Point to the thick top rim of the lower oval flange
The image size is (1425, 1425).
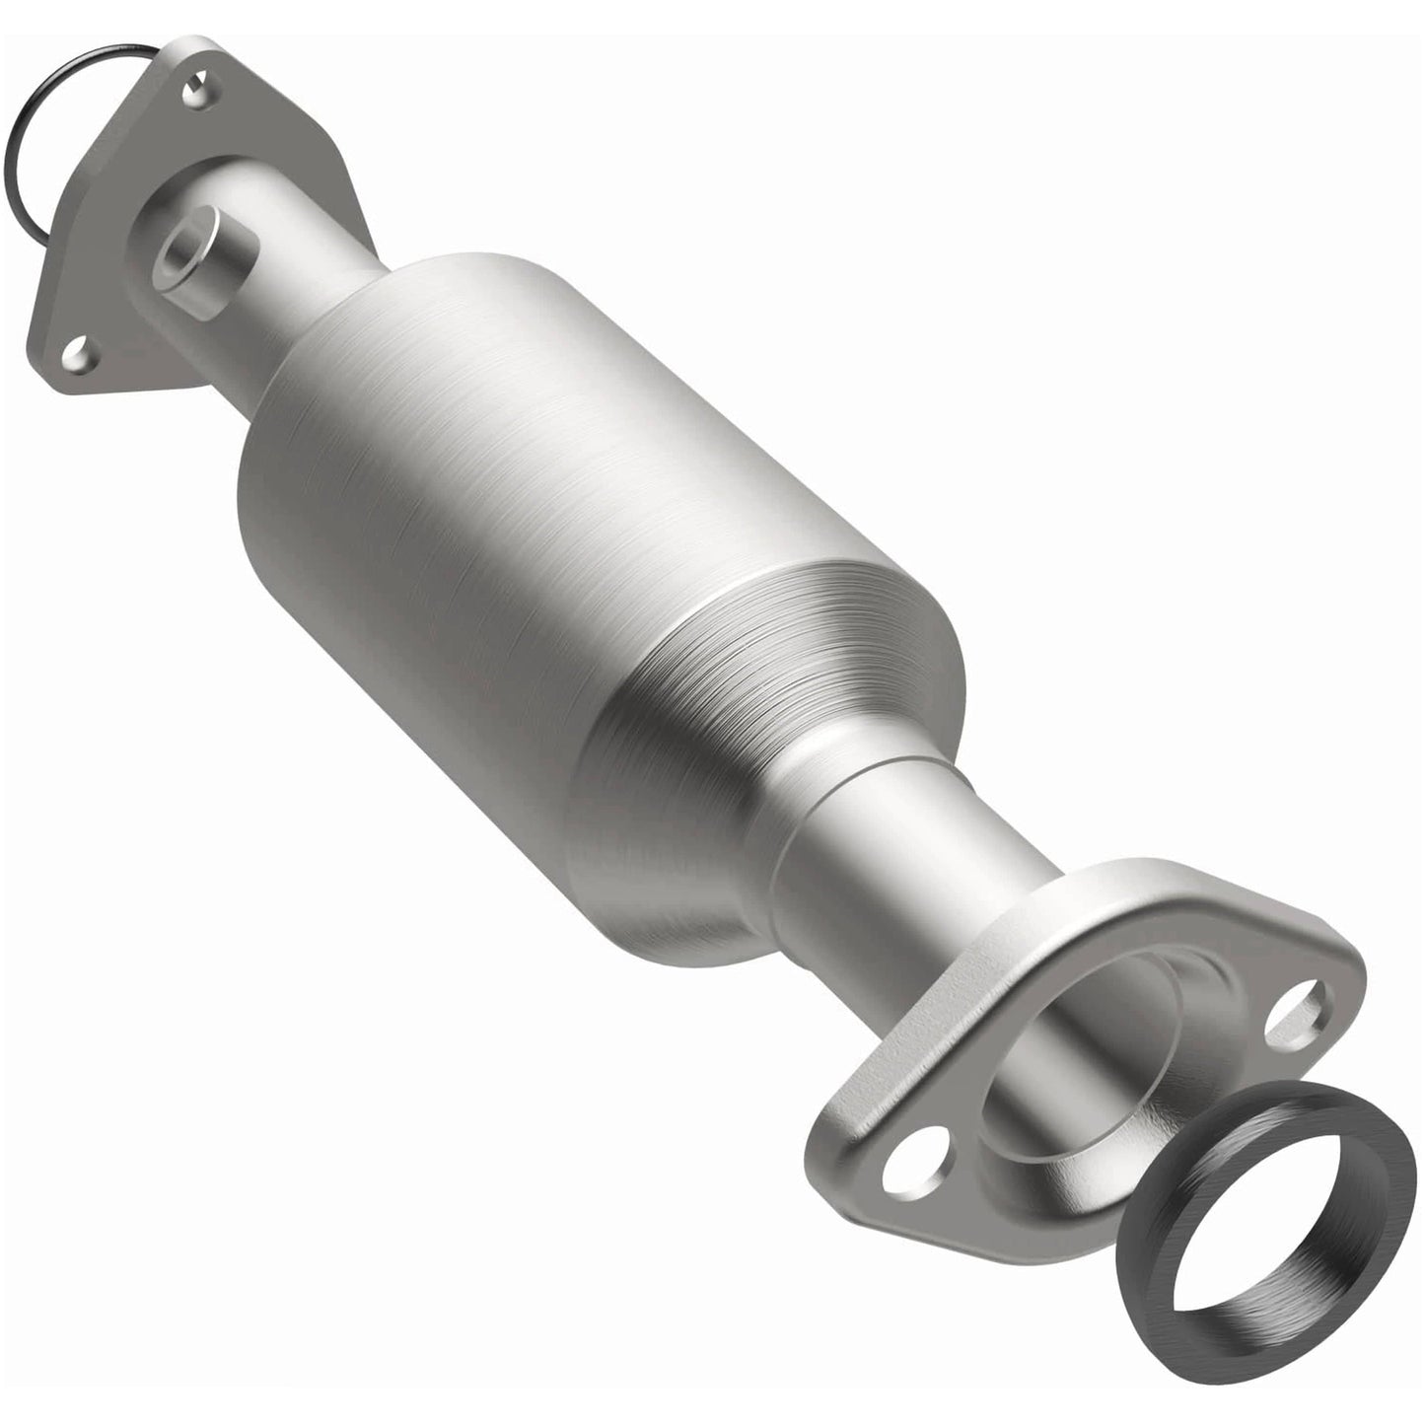coord(1144,888)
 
